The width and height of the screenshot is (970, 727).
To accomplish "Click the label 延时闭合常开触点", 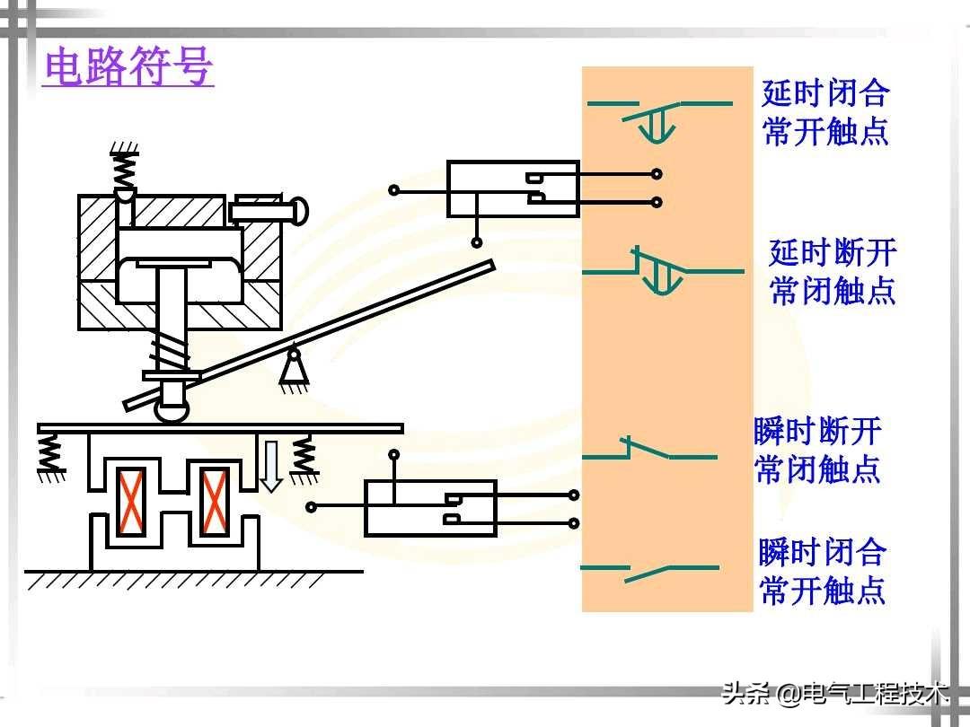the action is coord(825,112).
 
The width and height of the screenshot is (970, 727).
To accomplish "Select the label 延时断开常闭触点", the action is coord(833,271).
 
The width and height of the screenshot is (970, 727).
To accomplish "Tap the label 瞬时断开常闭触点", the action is coord(817,450).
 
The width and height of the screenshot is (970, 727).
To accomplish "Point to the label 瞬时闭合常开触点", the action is coord(822,571).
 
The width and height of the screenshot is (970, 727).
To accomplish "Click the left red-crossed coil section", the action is coord(132,502).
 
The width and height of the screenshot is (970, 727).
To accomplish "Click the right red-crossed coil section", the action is coord(215,502).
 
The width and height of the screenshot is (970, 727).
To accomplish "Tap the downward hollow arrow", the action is coord(270,467).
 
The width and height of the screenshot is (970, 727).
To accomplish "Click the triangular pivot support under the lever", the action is coord(294,369).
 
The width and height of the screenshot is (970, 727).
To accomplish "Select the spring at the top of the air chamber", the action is coord(124,167).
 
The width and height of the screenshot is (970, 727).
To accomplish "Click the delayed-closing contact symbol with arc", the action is coord(659,120).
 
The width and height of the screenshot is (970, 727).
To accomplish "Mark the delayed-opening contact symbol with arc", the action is coord(663,271).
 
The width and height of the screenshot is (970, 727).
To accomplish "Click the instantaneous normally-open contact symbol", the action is coord(649,573).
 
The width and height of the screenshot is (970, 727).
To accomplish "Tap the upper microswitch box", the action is coord(513,188).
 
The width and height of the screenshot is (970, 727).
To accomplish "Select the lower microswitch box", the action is coord(430,508).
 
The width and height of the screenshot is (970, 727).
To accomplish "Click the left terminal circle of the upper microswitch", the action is coord(393,189).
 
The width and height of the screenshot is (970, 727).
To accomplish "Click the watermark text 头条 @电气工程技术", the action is coord(836,693).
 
